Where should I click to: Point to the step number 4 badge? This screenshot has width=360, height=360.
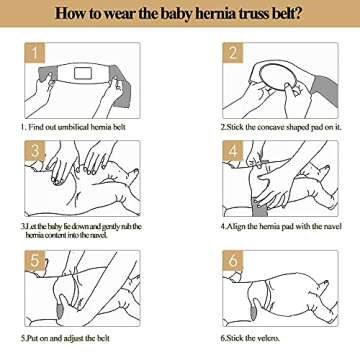232,152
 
